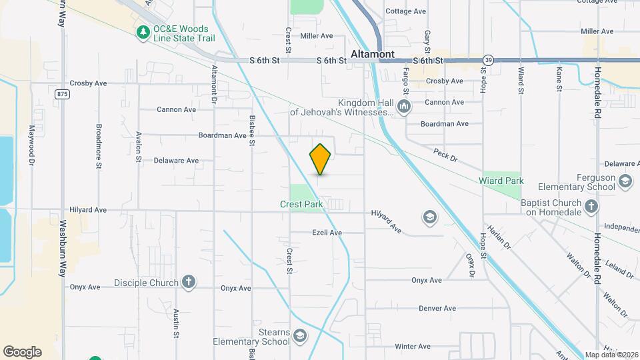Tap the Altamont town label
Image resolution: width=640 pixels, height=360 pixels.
pyautogui.click(x=373, y=54)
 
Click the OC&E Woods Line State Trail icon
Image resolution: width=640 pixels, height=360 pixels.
pyautogui.click(x=143, y=32)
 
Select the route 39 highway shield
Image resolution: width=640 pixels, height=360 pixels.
pyautogui.click(x=489, y=60)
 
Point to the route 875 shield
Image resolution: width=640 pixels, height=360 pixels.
pyautogui.click(x=63, y=94)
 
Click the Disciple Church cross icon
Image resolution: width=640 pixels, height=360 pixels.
pyautogui.click(x=189, y=282)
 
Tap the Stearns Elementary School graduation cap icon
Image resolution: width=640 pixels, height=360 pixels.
pyautogui.click(x=299, y=335)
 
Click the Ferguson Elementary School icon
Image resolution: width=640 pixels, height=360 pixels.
pyautogui.click(x=625, y=181)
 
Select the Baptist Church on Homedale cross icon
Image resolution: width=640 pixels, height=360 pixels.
pyautogui.click(x=591, y=207)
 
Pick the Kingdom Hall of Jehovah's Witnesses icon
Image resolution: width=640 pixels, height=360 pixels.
pyautogui.click(x=403, y=107)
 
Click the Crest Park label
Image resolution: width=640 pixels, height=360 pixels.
pyautogui.click(x=301, y=204)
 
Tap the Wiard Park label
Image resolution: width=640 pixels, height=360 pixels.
pyautogui.click(x=501, y=181)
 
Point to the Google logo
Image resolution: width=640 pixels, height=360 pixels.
pyautogui.click(x=22, y=352)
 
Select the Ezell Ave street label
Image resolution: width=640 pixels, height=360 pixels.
pyautogui.click(x=327, y=233)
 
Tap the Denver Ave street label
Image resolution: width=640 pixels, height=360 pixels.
pyautogui.click(x=437, y=308)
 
